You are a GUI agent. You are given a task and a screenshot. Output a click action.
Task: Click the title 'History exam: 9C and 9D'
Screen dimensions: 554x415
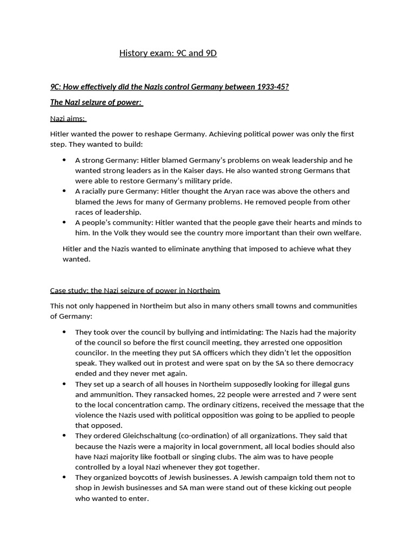click(168, 53)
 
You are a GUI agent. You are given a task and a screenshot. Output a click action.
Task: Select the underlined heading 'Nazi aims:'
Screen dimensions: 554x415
click(68, 118)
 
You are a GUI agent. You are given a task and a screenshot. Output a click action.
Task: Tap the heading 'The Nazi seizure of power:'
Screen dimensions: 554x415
click(97, 103)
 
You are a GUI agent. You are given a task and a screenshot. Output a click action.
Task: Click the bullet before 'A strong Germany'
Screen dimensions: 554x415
click(64, 160)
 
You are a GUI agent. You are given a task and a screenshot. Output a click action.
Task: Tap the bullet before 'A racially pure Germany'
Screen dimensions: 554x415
click(64, 191)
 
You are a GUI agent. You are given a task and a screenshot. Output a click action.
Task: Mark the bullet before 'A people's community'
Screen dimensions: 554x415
click(64, 222)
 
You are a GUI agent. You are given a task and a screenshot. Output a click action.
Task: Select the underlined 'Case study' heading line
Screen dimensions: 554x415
click(135, 290)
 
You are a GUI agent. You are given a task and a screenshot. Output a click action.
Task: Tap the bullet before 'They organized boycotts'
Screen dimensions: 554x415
click(64, 477)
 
